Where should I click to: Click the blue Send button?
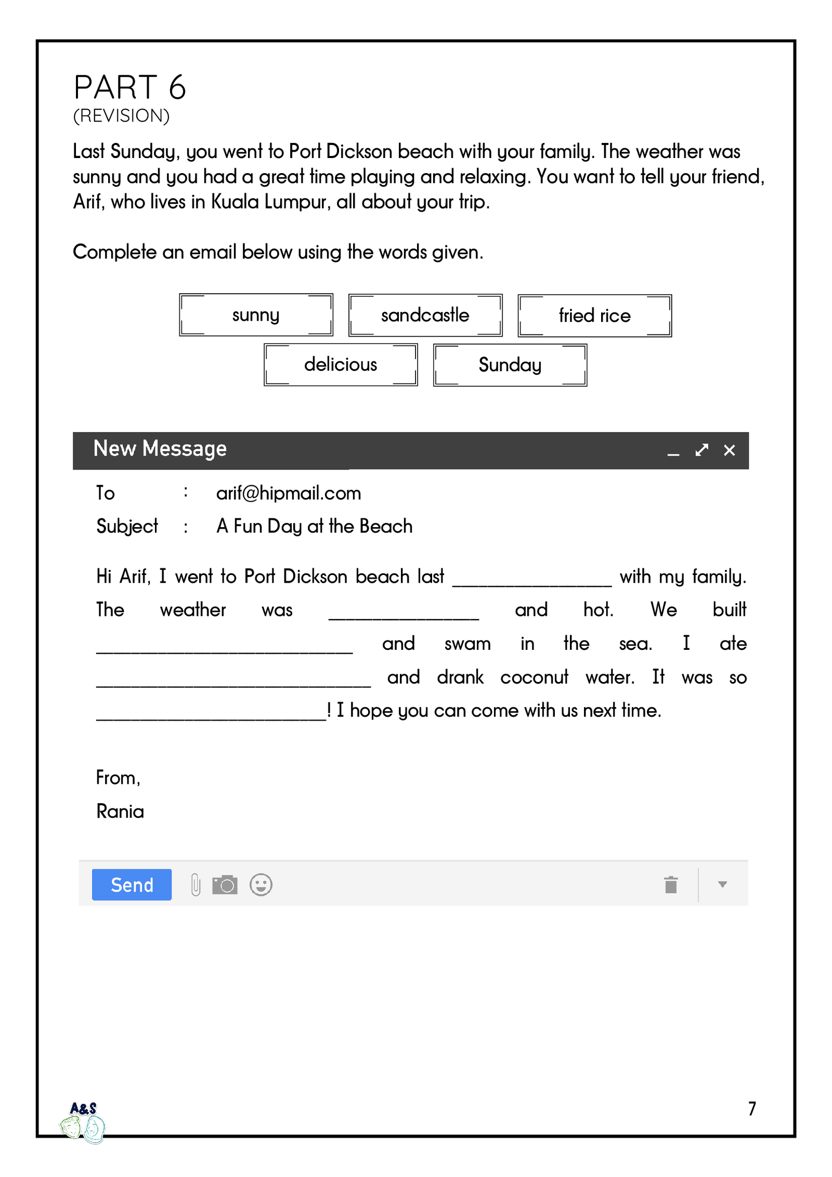click(132, 884)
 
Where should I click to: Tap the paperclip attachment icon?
click(196, 884)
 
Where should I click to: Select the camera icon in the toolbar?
click(225, 884)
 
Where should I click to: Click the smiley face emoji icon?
click(261, 884)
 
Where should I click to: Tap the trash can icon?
click(671, 884)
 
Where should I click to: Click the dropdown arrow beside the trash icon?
click(722, 884)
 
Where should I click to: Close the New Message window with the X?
click(729, 450)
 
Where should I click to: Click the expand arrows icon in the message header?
click(701, 450)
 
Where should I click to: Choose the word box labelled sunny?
click(256, 315)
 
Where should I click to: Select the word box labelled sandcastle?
click(425, 315)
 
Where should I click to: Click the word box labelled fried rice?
click(594, 316)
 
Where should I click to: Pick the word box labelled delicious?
click(341, 364)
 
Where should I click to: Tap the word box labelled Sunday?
click(510, 365)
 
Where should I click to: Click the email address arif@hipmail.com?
click(289, 493)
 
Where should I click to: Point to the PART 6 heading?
click(130, 87)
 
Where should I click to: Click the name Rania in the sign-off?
click(120, 812)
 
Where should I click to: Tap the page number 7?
click(752, 1109)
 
